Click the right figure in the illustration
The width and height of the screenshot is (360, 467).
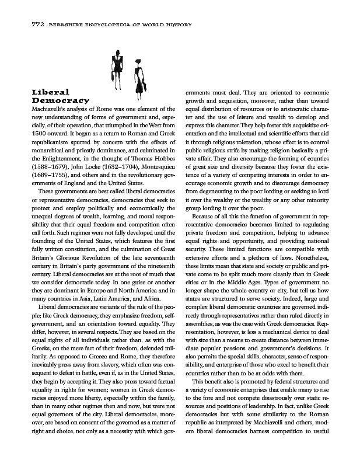pos(138,72)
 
